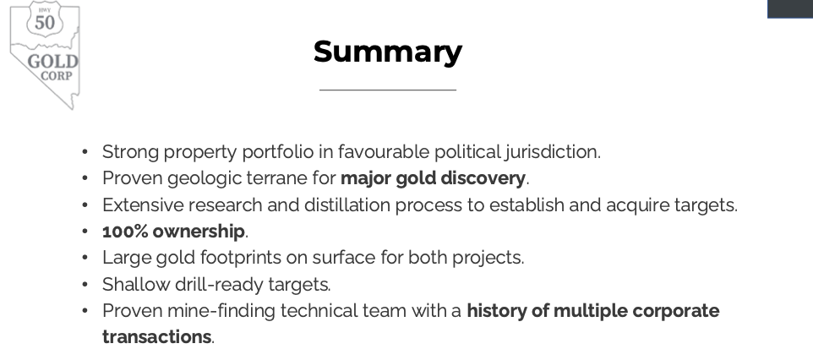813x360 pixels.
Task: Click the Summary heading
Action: click(388, 52)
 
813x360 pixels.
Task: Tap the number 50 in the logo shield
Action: click(45, 22)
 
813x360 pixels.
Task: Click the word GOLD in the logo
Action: click(53, 61)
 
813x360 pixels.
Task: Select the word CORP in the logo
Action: click(57, 76)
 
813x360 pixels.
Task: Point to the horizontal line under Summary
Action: click(388, 90)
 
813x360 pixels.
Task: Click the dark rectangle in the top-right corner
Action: click(790, 8)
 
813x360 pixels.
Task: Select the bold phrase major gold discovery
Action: click(433, 178)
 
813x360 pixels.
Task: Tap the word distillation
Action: click(347, 205)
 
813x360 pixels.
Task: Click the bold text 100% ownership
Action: click(174, 232)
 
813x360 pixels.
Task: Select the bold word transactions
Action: click(156, 336)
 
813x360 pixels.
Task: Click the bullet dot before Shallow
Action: click(85, 284)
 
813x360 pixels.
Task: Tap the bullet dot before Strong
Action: click(85, 152)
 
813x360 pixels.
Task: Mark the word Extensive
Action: click(143, 205)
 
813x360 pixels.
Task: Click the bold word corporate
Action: click(676, 311)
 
